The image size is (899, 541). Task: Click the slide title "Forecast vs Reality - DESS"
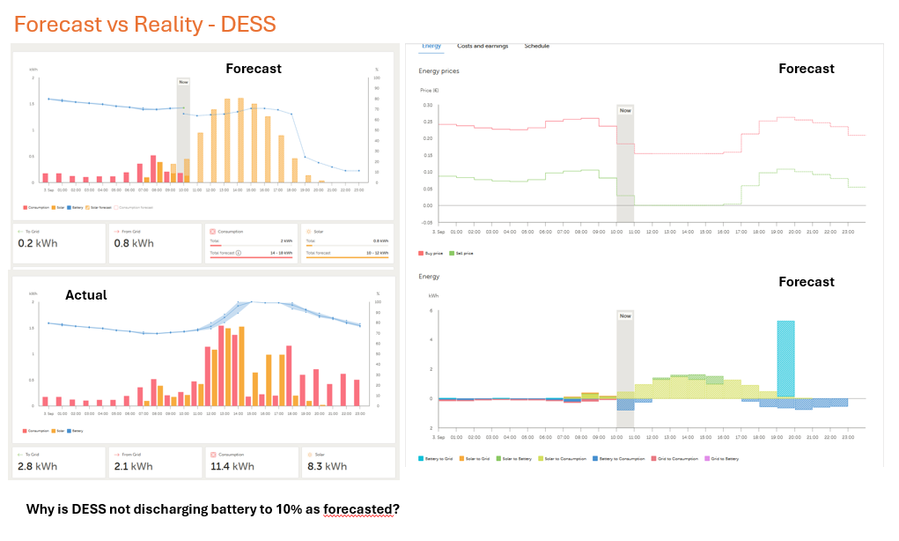145,24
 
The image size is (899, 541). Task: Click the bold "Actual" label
86,295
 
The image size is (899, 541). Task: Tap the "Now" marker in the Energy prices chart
624,110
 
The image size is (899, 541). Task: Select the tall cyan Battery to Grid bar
785,359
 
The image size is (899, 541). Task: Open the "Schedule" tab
536,46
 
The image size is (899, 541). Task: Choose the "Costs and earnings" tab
483,46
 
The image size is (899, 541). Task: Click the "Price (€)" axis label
429,91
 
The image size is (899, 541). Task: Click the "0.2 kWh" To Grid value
37,243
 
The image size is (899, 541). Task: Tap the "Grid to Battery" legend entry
726,458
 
